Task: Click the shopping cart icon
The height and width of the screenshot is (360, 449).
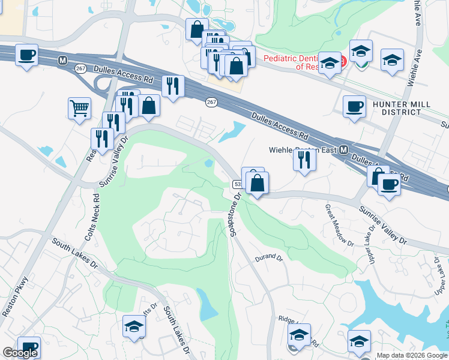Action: (79, 109)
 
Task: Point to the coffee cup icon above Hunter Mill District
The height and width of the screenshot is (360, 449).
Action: (354, 106)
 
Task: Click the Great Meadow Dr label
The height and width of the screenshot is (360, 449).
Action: (339, 225)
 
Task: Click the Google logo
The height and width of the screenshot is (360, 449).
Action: (19, 353)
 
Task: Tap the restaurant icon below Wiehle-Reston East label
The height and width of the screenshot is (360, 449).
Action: (304, 160)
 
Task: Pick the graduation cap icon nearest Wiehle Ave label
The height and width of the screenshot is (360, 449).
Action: (392, 60)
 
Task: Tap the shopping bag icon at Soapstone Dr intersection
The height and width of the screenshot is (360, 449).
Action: (257, 183)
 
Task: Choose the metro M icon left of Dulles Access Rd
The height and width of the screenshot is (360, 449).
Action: (62, 61)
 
